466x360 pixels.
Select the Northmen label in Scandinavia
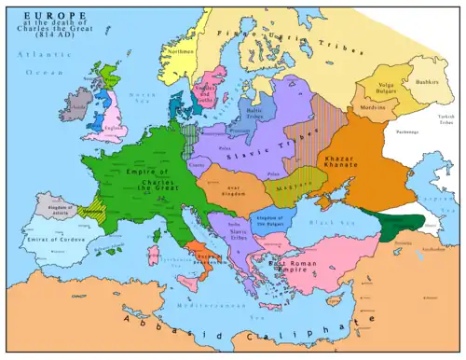tap(183, 52)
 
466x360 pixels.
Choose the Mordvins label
tap(375, 109)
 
